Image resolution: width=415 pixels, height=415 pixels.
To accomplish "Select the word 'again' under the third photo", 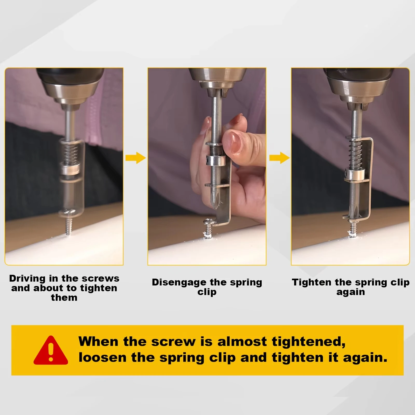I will tap(350, 292).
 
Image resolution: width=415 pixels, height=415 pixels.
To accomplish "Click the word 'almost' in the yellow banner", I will tap(242, 342).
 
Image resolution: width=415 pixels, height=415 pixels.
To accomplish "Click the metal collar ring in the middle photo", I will tap(215, 160).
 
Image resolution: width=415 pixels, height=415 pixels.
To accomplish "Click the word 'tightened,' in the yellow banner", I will tap(308, 342).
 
